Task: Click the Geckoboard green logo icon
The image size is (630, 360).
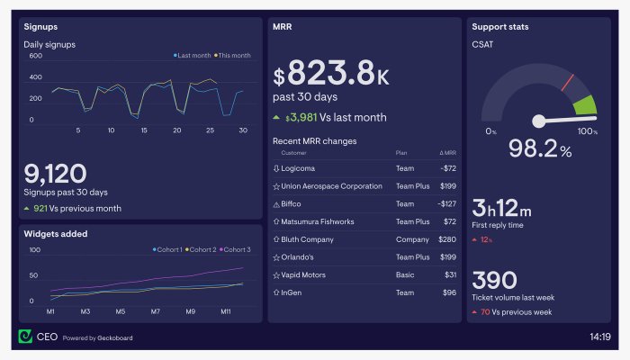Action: (x=25, y=337)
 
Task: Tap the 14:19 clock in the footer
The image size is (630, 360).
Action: (x=600, y=337)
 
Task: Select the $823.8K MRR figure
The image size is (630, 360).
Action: (x=331, y=73)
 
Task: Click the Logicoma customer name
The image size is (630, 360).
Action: (x=298, y=168)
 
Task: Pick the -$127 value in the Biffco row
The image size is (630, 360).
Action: (x=446, y=203)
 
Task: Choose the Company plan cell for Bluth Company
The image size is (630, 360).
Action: (x=412, y=239)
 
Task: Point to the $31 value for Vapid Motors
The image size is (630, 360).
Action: (x=450, y=274)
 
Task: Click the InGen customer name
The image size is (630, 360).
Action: (x=292, y=292)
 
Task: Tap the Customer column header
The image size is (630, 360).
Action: (x=293, y=153)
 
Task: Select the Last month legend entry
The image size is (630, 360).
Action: (x=192, y=56)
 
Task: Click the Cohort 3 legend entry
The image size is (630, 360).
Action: (x=235, y=249)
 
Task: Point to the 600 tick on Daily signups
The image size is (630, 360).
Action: (x=35, y=56)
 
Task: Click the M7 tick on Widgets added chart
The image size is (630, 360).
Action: (x=156, y=311)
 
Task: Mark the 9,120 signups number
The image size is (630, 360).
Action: (x=56, y=174)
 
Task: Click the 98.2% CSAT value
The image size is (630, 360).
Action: (x=540, y=148)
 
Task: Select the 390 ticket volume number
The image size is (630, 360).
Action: (x=495, y=280)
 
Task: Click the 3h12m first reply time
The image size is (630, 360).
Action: (x=502, y=208)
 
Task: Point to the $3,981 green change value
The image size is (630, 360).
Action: (x=301, y=117)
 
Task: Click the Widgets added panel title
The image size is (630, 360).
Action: (x=56, y=234)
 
